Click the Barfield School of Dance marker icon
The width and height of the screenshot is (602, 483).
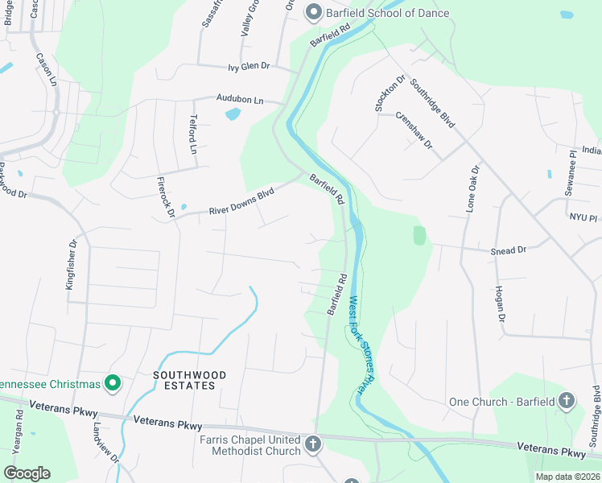tap(313, 12)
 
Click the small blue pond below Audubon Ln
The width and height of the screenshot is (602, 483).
tap(233, 114)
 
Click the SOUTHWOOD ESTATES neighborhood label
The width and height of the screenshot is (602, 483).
tap(185, 380)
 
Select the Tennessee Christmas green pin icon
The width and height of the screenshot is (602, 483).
tap(113, 383)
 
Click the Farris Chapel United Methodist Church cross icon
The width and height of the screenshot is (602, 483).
tap(313, 443)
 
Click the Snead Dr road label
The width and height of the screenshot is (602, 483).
tap(508, 250)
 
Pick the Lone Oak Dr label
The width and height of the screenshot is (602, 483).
tap(472, 189)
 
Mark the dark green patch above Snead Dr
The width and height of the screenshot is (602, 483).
tap(419, 235)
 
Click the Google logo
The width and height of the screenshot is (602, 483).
tap(27, 473)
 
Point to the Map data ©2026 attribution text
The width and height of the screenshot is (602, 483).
tap(567, 477)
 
